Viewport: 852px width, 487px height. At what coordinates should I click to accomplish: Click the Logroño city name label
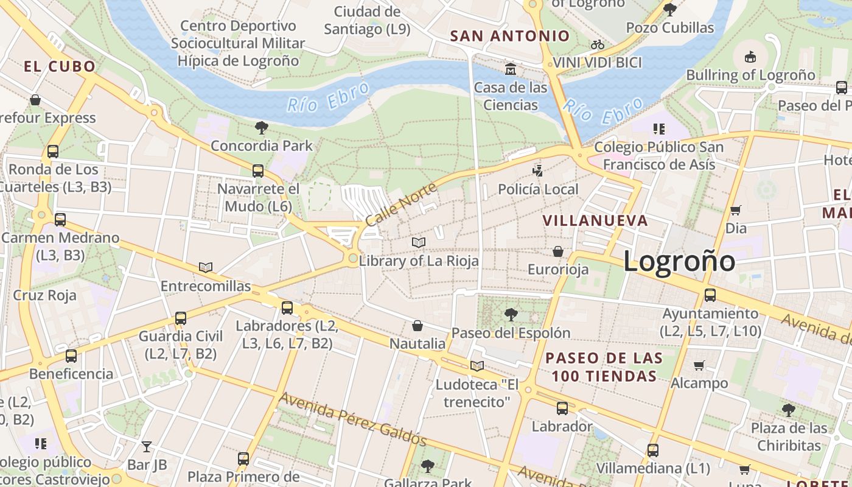pos(679,261)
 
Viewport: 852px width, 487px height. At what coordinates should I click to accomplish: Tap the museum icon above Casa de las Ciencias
pos(510,68)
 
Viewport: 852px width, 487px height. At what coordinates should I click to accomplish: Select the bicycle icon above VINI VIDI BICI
pos(598,44)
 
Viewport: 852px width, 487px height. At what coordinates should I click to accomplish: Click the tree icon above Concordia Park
pos(262,127)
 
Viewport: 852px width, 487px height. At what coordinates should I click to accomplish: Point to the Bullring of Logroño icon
pos(750,57)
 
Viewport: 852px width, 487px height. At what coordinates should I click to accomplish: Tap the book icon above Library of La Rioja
pos(418,242)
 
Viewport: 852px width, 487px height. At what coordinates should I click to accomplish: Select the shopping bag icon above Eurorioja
pos(558,251)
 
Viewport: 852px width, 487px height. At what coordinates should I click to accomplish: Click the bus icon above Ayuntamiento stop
pos(710,295)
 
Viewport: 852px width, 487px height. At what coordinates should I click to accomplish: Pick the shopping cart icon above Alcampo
pos(699,365)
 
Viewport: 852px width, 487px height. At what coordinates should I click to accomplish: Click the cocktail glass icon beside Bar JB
pos(147,447)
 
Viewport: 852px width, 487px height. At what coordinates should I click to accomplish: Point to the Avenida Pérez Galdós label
pos(353,419)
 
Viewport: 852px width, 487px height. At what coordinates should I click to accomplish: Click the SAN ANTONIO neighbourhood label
pos(510,36)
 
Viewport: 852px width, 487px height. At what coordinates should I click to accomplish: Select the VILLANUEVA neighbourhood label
pos(595,220)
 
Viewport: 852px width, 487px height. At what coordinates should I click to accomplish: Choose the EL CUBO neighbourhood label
pos(60,67)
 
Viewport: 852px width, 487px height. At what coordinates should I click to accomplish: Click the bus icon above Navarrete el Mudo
pos(258,170)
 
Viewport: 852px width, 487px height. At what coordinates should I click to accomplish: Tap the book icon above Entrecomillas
pos(206,267)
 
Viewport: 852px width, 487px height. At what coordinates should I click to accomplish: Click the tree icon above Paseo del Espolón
pos(511,314)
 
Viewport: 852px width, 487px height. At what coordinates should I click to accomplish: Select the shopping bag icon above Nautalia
pos(417,326)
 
